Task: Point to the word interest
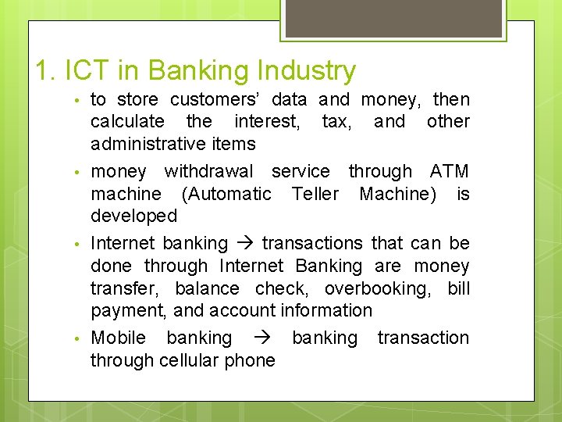266,121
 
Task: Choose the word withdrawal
208,171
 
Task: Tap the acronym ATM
450,171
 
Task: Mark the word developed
134,216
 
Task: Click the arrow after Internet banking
244,244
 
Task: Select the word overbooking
376,288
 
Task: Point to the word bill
459,288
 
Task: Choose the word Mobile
119,338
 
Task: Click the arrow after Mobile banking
261,338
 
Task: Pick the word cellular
193,360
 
